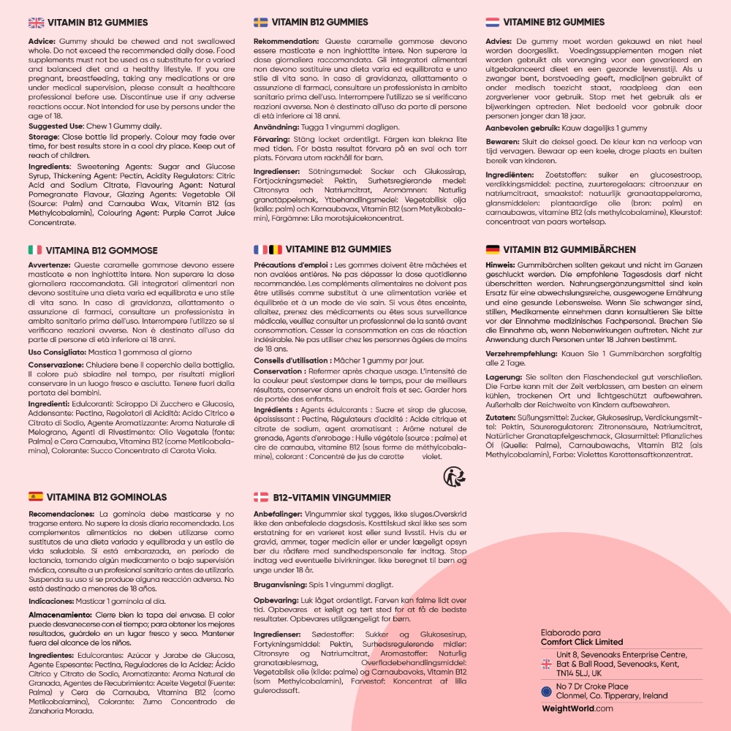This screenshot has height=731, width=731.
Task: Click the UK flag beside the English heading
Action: [36, 23]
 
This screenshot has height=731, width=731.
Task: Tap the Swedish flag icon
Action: [260, 23]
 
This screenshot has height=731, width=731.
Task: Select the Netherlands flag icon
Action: [493, 23]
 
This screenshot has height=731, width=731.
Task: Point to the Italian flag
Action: [34, 250]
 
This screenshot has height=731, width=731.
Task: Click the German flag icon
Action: [493, 249]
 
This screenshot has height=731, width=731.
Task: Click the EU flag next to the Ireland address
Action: [546, 691]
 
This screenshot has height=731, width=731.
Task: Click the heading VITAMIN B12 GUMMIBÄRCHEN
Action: [569, 249]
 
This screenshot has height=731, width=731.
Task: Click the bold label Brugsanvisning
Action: [287, 585]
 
